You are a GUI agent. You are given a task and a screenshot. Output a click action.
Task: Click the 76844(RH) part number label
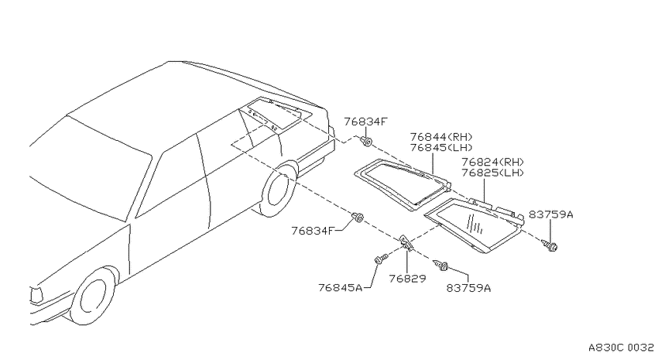pos(441,137)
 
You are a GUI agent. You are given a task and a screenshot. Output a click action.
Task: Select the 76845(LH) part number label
pos(441,148)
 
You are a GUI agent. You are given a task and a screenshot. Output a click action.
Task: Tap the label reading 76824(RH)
pos(492,162)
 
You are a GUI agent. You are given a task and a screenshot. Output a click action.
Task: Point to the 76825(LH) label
pos(492,173)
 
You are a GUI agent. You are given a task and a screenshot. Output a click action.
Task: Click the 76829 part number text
pos(407,279)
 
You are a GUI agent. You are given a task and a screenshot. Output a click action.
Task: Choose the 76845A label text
pos(340,288)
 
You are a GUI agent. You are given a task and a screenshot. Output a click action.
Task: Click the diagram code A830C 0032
pos(621,348)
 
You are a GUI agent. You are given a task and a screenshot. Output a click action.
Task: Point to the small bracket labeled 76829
pos(406,243)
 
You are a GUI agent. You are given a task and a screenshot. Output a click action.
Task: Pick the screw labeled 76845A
pos(380,259)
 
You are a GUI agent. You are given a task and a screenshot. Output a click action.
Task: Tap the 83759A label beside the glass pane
pos(550,214)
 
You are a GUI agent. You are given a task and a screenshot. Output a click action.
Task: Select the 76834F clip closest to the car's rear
pos(366,141)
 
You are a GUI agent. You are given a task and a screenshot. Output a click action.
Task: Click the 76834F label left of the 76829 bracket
pos(314,231)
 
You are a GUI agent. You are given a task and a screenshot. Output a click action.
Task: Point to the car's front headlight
pos(36,294)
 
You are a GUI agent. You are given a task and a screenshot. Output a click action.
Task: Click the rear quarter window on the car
pos(279,114)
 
